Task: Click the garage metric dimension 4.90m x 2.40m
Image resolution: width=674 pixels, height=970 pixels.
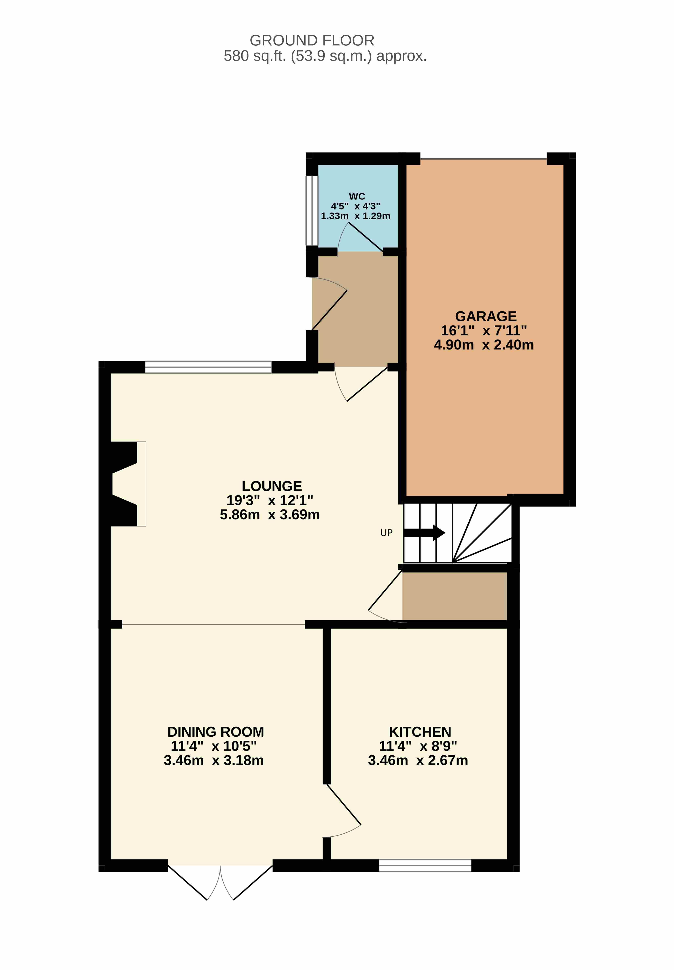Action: click(484, 345)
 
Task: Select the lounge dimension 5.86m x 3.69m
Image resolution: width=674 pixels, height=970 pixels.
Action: click(270, 515)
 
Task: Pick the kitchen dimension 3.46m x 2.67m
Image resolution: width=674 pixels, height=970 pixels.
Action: click(418, 760)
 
